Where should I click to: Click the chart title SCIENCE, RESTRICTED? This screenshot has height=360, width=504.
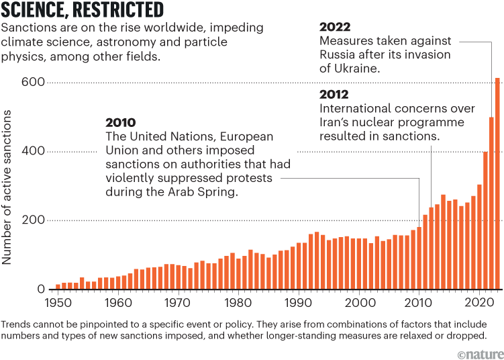(x=83, y=10)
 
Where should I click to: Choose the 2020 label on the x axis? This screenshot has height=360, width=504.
(x=479, y=302)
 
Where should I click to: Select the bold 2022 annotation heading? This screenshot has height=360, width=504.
(x=334, y=28)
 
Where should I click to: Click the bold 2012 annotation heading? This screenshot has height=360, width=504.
(x=334, y=94)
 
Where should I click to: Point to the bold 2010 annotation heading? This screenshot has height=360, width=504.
(x=121, y=123)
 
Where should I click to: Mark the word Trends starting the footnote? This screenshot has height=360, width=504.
(x=15, y=323)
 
